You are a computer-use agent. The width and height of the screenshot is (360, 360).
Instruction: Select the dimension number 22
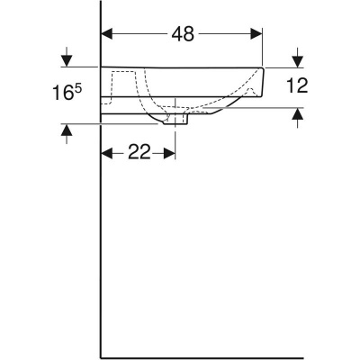[x=138, y=153]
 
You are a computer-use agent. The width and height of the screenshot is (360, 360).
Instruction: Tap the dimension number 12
[x=298, y=87]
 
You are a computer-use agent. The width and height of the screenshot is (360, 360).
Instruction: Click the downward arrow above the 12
[x=298, y=60]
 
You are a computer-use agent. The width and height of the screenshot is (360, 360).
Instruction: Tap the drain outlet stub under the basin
[x=175, y=120]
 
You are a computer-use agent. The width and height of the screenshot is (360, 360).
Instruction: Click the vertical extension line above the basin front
[x=263, y=45]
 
